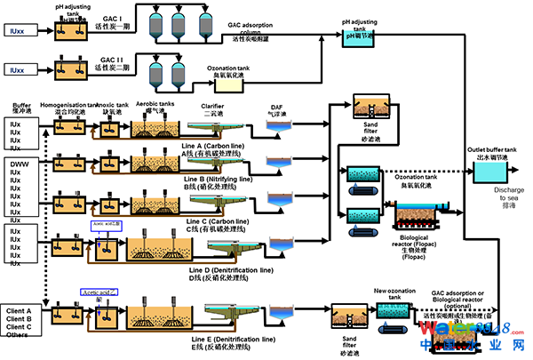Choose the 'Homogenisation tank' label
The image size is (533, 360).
[x=68, y=107]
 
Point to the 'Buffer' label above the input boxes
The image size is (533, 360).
[x=21, y=106]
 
